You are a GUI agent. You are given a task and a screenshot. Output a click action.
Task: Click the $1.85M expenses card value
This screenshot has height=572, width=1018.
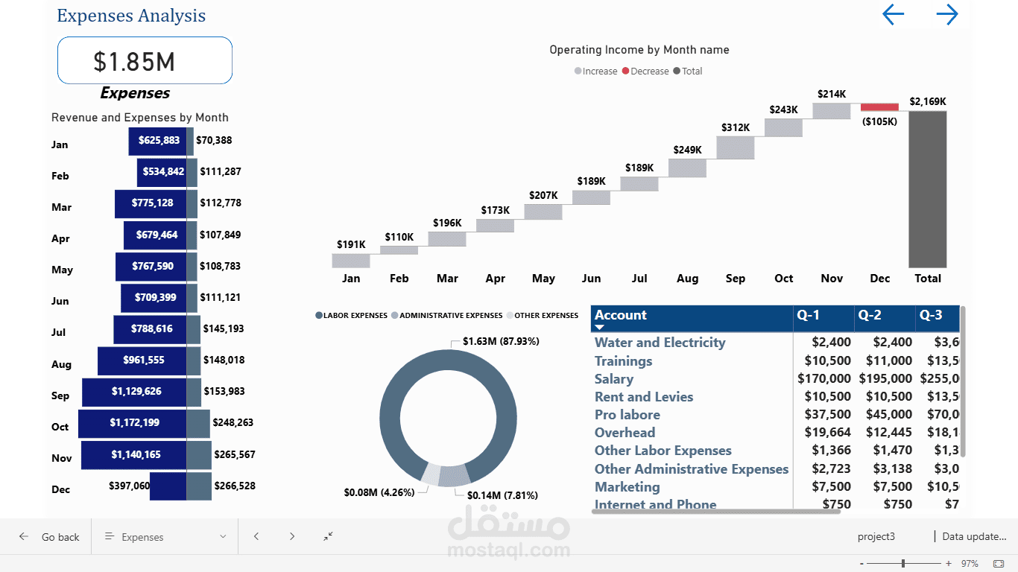tap(134, 61)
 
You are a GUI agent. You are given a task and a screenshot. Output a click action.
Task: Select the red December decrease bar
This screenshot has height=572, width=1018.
tap(879, 107)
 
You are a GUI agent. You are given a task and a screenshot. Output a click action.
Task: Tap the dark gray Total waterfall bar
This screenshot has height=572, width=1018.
tap(927, 189)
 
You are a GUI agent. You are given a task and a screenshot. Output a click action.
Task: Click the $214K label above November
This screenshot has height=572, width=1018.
tap(832, 95)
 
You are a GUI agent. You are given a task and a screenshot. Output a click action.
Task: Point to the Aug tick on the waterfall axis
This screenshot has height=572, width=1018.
tap(687, 279)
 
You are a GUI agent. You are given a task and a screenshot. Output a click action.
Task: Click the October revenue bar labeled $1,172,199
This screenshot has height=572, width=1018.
tap(132, 423)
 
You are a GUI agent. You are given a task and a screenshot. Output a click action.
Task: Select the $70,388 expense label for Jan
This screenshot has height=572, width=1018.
tap(214, 140)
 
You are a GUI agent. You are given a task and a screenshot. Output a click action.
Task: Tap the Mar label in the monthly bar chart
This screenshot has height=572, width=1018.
tap(61, 208)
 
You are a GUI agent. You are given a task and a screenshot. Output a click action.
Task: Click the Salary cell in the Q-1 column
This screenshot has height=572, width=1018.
tap(823, 379)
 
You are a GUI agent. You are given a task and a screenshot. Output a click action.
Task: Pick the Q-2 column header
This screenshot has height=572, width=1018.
tap(870, 316)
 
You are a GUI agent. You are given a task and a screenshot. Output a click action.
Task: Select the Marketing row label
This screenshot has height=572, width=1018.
tap(627, 487)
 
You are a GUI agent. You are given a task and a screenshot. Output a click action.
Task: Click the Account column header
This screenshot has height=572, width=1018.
tap(621, 316)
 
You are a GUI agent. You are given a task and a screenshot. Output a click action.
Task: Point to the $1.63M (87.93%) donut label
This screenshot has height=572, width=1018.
tap(501, 342)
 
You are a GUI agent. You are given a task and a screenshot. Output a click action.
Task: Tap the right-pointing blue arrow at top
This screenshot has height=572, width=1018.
tap(946, 15)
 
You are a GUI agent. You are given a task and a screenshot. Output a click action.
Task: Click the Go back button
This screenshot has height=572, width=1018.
tap(51, 537)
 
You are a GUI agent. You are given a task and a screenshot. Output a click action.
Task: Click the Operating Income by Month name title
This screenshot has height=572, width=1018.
tap(639, 51)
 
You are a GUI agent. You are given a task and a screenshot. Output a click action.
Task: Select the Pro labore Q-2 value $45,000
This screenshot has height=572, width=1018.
tap(888, 415)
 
